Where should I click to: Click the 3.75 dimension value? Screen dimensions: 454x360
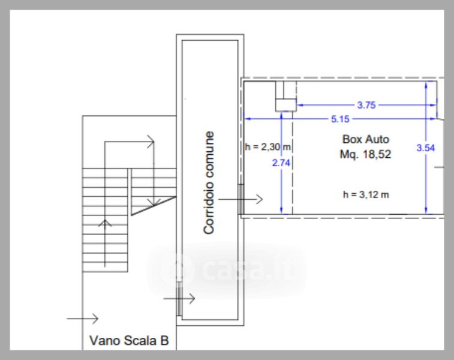pos(366,105)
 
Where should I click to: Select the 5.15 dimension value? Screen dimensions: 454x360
pos(340,119)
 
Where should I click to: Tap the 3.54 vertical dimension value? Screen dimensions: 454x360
pos(426,148)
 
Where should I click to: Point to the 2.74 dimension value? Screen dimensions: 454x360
pos(281,163)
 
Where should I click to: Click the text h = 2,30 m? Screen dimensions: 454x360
pos(268,147)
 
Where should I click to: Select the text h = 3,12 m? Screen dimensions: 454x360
pos(366,194)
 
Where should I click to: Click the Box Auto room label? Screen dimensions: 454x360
pos(366,139)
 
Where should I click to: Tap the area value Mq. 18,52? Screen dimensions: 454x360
pos(365,154)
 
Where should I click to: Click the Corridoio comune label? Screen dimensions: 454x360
pos(209,182)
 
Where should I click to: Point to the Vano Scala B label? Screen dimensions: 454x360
pos(129,341)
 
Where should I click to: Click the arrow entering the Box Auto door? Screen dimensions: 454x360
pos(240,199)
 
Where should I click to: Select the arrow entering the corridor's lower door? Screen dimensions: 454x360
pos(179,298)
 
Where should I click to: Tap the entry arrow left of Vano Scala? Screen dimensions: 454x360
pos(83,319)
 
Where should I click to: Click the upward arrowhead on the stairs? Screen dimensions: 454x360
pos(105,223)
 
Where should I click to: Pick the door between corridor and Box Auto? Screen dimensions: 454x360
pos(241,199)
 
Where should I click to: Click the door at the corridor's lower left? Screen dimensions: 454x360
pos(179,299)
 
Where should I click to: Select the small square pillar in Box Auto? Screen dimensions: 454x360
pos(286,105)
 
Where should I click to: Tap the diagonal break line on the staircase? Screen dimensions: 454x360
pos(154,206)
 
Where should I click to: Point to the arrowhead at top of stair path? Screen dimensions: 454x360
pos(151,142)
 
